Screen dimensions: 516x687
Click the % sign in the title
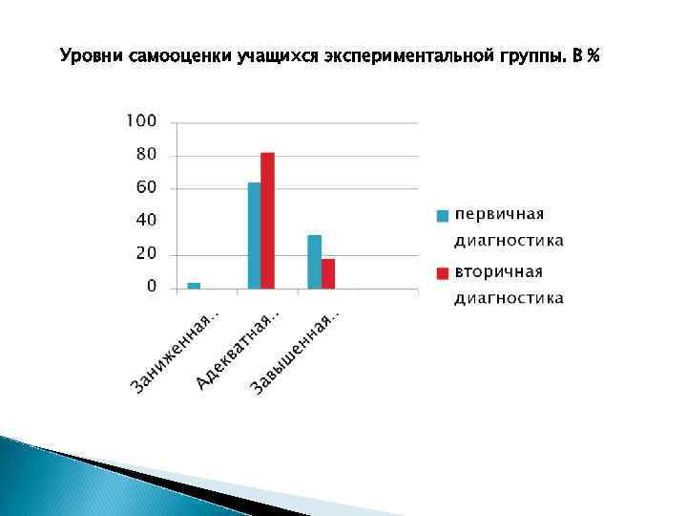click(x=594, y=56)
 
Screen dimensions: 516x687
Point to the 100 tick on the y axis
click(x=141, y=121)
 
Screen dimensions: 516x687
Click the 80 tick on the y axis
click(x=146, y=155)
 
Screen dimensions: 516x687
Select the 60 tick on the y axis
click(x=146, y=188)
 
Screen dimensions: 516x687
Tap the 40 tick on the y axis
click(x=146, y=221)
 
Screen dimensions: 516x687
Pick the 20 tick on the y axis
click(x=146, y=254)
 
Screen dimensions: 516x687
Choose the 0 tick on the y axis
click(x=151, y=287)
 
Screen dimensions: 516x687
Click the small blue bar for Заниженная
click(x=194, y=285)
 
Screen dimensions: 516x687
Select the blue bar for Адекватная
click(x=254, y=235)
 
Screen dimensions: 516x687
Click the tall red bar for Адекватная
click(x=267, y=221)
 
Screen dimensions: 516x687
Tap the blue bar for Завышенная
click(x=314, y=261)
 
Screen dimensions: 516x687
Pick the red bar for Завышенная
click(x=328, y=273)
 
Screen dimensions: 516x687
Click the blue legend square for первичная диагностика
click(x=442, y=215)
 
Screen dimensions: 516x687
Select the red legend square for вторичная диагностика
click(x=442, y=273)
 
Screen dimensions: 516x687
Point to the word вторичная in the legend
click(x=499, y=271)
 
